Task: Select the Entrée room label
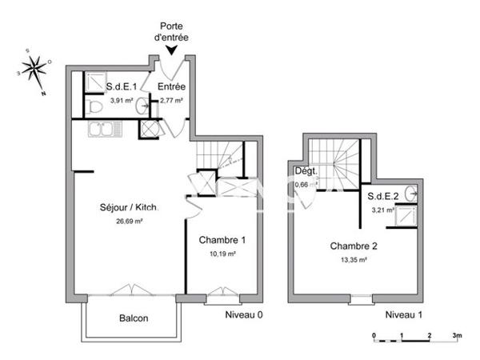click(172, 86)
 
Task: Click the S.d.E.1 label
click(123, 86)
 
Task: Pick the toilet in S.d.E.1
click(94, 105)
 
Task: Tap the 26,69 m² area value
click(129, 222)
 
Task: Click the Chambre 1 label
click(222, 239)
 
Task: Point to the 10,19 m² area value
click(222, 254)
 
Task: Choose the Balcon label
click(134, 318)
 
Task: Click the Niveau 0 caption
click(244, 314)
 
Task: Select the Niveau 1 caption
click(403, 314)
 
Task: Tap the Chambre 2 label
click(354, 246)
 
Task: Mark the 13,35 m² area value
click(354, 259)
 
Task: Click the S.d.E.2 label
click(383, 196)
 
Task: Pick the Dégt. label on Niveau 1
click(306, 172)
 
